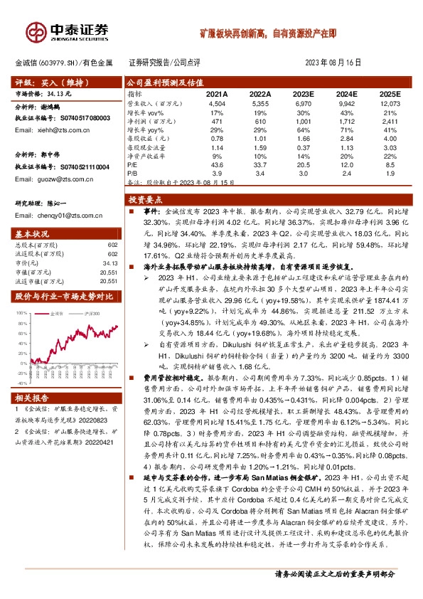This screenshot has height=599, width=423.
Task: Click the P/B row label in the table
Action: tap(132, 173)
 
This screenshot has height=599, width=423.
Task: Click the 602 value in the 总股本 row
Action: tap(112, 245)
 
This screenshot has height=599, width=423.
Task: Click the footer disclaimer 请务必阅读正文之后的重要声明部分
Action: tap(334, 573)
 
